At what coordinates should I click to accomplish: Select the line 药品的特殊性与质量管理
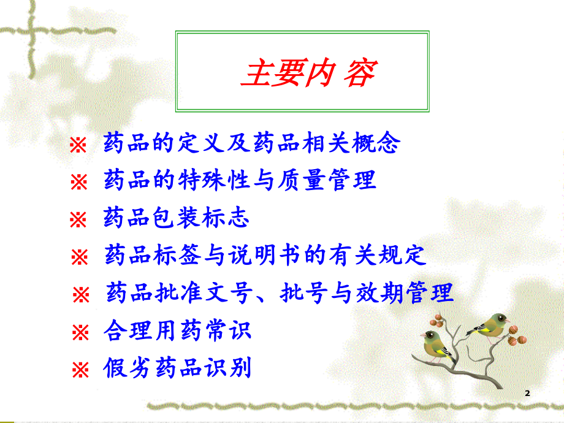point(240,181)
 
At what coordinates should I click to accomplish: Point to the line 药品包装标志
point(177,218)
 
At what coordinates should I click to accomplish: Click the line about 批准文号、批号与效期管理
point(280,292)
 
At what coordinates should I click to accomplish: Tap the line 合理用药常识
point(178,332)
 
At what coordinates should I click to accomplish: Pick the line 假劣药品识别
point(178,369)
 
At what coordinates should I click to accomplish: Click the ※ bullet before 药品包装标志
point(78,219)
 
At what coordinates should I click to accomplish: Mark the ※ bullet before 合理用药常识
point(80,333)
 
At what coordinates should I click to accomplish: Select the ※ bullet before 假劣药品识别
point(80,370)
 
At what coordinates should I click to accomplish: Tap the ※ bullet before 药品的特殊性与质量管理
point(80,182)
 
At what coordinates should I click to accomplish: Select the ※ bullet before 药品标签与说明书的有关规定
point(80,257)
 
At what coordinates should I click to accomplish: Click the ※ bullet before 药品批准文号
point(81,294)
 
